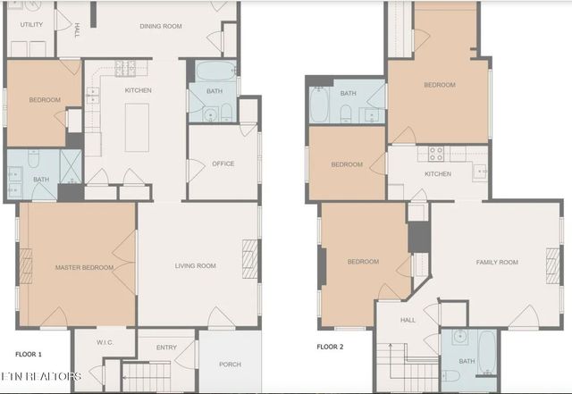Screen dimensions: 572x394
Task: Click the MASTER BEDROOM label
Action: click(84, 267)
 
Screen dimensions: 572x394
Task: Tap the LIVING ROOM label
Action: click(195, 265)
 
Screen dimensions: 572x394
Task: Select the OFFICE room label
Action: click(223, 163)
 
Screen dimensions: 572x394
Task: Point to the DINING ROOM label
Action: click(161, 26)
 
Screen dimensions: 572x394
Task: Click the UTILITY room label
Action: click(31, 24)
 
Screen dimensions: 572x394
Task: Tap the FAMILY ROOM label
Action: click(497, 262)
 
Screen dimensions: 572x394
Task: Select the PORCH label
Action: click(231, 365)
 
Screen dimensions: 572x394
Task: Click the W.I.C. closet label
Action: click(105, 342)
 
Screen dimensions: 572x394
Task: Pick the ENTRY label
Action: click(166, 348)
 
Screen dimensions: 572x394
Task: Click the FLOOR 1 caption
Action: click(29, 354)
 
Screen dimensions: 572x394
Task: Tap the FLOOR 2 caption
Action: click(330, 347)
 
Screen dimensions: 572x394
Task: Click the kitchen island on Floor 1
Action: click(137, 128)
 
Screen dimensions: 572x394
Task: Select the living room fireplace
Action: click(250, 259)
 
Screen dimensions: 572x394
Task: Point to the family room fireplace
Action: click(552, 266)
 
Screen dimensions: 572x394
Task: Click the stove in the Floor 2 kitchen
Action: click(436, 154)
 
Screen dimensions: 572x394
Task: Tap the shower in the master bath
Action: click(71, 166)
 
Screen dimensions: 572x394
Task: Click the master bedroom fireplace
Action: click(26, 266)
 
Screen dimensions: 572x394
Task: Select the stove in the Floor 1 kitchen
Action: click(125, 68)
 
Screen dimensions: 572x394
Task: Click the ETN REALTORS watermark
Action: click(40, 376)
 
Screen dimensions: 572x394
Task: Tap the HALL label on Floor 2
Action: click(408, 320)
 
